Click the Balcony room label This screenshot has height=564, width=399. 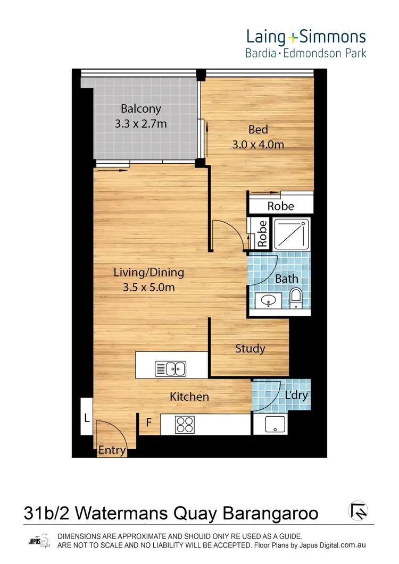point(140,109)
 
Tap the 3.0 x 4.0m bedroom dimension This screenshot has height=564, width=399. point(258,144)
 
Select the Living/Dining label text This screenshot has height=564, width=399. point(149,273)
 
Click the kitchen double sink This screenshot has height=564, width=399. point(170,367)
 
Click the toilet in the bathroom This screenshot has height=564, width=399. point(296,298)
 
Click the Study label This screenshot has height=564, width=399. point(250,349)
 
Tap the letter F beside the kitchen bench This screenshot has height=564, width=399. point(150,423)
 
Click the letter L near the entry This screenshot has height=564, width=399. point(86,418)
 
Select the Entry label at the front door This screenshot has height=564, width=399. point(112,451)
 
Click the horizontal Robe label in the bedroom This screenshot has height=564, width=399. point(280,206)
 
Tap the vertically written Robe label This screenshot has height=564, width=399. point(262,234)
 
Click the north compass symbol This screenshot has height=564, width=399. point(358,511)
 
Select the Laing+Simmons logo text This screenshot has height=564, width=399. point(305,37)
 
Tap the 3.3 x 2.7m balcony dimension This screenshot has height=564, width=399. point(140,124)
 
